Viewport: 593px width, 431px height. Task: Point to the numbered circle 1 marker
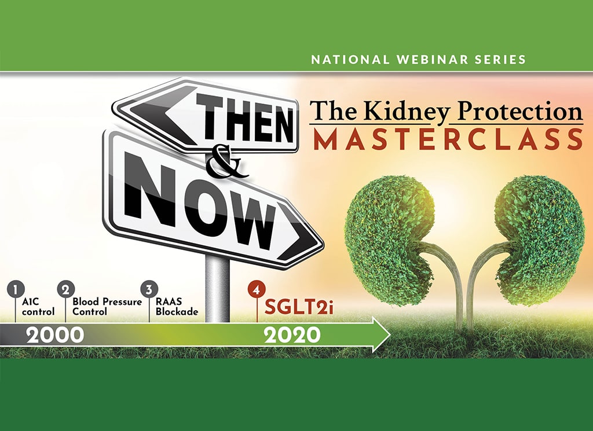[15, 290]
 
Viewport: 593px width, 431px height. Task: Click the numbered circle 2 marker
[66, 290]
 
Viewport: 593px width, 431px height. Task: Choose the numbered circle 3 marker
[149, 290]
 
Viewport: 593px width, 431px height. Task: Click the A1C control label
[38, 307]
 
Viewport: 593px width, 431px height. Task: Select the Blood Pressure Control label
[107, 307]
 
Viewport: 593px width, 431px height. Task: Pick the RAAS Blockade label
[177, 307]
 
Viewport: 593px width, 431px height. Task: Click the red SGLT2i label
[299, 307]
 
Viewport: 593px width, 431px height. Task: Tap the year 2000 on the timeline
[55, 336]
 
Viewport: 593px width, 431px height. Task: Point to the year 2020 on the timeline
[292, 336]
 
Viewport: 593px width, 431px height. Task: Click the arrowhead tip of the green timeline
[390, 334]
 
